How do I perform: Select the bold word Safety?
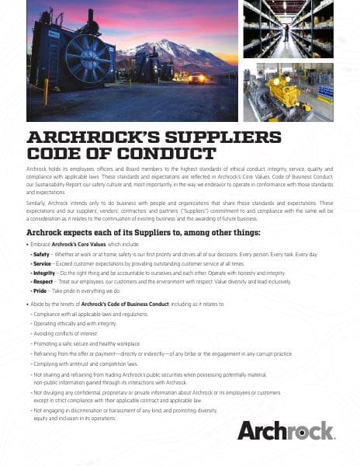point(40,253)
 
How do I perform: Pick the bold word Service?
point(42,263)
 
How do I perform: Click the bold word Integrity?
point(43,273)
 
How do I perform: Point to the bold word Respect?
point(43,283)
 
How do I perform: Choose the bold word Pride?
point(39,293)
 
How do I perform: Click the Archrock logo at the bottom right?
point(286,429)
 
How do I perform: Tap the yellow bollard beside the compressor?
point(46,91)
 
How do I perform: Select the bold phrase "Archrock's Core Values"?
point(83,244)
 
